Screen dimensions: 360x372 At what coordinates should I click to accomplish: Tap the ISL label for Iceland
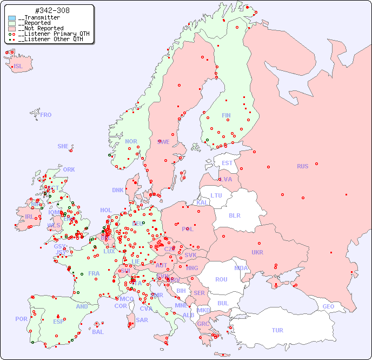(x=18, y=67)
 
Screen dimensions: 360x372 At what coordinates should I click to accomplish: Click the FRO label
(x=46, y=115)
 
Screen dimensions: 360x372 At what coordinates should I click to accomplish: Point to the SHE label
(x=63, y=146)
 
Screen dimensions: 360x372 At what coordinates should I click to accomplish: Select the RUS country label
(x=302, y=166)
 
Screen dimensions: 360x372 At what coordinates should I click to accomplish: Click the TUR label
(x=277, y=330)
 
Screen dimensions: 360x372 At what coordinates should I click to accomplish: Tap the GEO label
(x=328, y=306)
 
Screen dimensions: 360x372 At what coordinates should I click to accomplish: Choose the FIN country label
(x=226, y=115)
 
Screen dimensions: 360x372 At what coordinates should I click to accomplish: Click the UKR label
(x=257, y=252)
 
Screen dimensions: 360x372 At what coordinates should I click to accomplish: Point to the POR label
(x=21, y=319)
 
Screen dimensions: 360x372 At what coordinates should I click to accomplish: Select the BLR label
(x=235, y=215)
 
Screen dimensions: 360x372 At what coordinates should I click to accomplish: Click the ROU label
(x=221, y=279)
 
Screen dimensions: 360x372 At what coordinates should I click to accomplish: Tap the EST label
(x=227, y=163)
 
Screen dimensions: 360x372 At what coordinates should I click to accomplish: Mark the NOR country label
(x=131, y=141)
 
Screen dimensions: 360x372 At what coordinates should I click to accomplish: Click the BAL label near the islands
(x=97, y=332)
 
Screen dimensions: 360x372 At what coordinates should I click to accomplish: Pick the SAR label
(x=142, y=319)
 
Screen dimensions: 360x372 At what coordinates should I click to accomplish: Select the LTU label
(x=216, y=195)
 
